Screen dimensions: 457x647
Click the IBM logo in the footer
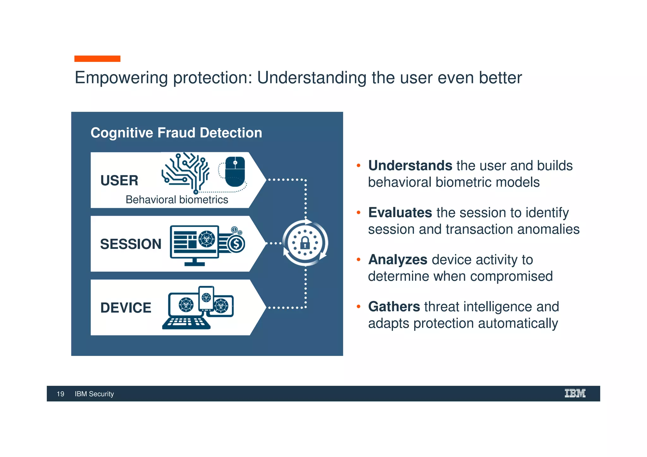(x=575, y=393)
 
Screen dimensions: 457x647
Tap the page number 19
(x=60, y=394)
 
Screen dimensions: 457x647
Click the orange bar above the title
(x=97, y=59)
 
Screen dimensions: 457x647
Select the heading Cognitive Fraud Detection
(x=176, y=133)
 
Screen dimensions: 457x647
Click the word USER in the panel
(x=119, y=181)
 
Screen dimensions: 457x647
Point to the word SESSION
(x=130, y=244)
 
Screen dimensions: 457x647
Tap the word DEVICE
(x=126, y=308)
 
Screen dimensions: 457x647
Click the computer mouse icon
(x=235, y=172)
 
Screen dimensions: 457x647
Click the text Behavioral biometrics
(x=177, y=200)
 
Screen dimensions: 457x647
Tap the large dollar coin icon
(x=236, y=244)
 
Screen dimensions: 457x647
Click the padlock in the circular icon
(x=305, y=243)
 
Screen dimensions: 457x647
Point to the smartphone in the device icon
(x=206, y=298)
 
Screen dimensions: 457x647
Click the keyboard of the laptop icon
(x=186, y=322)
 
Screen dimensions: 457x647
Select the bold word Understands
(x=410, y=165)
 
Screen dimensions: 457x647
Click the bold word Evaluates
(x=400, y=213)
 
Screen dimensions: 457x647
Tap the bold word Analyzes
(x=398, y=260)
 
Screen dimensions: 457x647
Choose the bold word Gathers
(x=394, y=307)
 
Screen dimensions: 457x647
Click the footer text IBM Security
(x=94, y=394)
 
